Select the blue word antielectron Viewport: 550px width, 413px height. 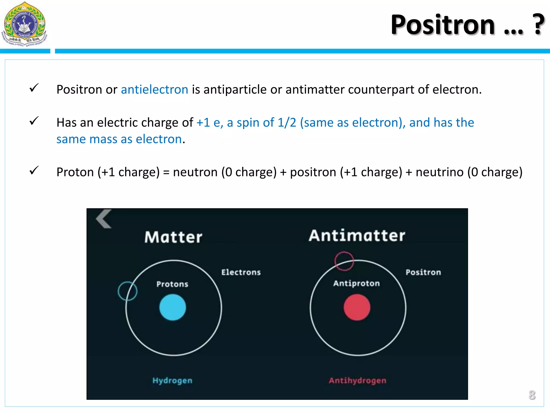[154, 90]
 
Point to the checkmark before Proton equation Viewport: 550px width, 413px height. [34, 170]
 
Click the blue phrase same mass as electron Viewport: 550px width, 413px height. [119, 139]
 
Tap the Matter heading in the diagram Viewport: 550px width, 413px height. [173, 237]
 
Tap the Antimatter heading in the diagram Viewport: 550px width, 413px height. [357, 236]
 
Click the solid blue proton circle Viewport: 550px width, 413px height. [173, 307]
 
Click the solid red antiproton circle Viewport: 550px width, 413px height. [357, 307]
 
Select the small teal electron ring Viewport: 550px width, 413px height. [128, 291]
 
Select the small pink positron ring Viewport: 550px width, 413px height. [344, 261]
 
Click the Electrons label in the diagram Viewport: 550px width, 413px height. [241, 272]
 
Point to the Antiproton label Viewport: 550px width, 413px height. [356, 283]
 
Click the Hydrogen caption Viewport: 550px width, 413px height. [172, 380]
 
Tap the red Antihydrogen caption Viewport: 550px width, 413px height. [357, 380]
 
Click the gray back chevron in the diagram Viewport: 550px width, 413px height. [104, 219]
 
